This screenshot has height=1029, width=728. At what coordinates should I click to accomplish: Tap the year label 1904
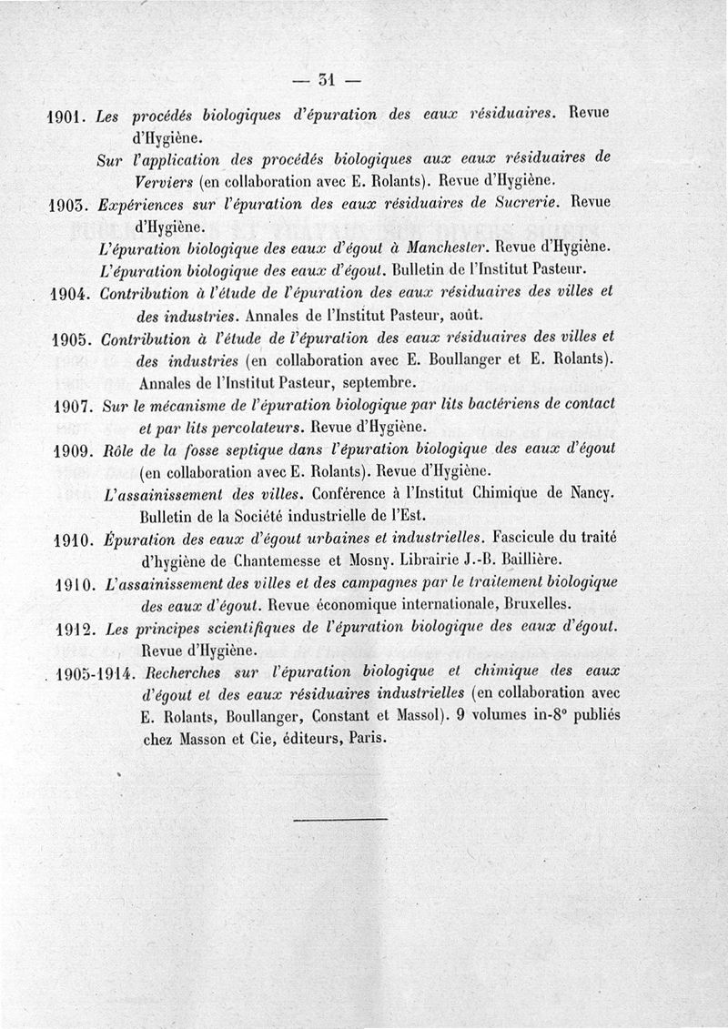tap(69, 294)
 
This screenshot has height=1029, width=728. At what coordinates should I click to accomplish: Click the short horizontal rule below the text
tap(341, 820)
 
